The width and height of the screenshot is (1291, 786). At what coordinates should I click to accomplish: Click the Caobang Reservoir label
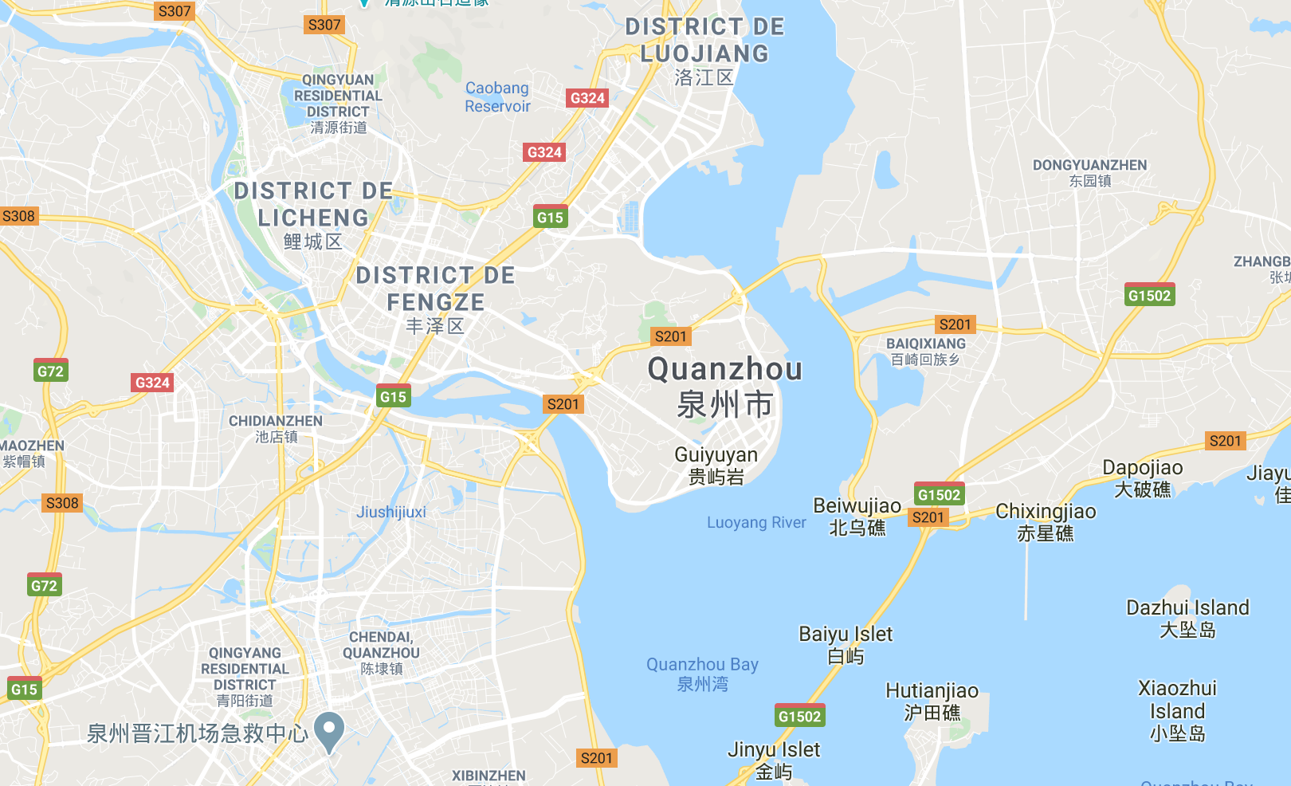[x=497, y=97]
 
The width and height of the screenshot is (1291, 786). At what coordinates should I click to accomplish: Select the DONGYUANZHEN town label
[x=1089, y=166]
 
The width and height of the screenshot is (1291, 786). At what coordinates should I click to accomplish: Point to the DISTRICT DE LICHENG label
[x=313, y=205]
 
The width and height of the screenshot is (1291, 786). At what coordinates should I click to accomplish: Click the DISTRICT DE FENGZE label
[x=435, y=289]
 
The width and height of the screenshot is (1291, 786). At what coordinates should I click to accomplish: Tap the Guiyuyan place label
[x=716, y=455]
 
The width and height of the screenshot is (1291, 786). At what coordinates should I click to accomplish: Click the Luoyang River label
[x=756, y=523]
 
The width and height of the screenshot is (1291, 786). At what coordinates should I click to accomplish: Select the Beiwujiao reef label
[x=857, y=506]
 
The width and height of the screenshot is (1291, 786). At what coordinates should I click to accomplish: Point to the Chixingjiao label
[x=1046, y=512]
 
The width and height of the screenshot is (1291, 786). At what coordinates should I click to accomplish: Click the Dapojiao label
[x=1142, y=469]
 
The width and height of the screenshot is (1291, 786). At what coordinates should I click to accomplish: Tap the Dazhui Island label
[x=1187, y=608]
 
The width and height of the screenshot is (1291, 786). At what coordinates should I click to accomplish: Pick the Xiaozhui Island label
[x=1177, y=699]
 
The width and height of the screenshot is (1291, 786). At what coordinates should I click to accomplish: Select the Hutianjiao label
[x=932, y=691]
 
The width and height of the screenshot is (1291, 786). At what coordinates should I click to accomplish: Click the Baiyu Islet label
[x=846, y=635]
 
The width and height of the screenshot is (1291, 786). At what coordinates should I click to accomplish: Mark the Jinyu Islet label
[x=773, y=750]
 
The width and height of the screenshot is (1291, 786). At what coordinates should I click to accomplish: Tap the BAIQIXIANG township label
[x=926, y=344]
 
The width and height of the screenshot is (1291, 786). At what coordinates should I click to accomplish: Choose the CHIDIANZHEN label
[x=276, y=421]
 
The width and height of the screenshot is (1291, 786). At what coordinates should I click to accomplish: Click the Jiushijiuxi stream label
[x=390, y=512]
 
